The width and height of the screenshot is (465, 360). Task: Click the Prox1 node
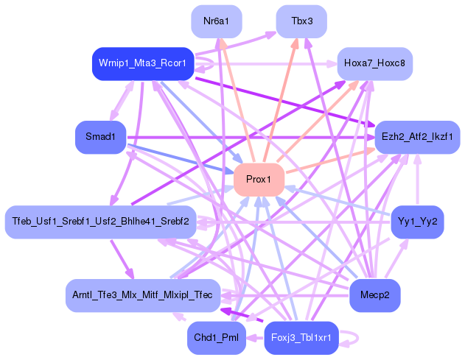click(x=259, y=180)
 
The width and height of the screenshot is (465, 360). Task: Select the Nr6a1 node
click(x=216, y=21)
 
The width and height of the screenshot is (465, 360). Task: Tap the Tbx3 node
click(x=302, y=21)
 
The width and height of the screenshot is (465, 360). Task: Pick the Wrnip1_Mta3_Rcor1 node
click(x=143, y=64)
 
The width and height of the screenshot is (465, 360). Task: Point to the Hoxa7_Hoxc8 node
click(x=374, y=64)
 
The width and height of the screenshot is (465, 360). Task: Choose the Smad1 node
click(x=101, y=137)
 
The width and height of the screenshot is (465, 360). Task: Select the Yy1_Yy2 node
click(x=417, y=221)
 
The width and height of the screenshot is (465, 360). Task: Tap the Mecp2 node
click(x=375, y=294)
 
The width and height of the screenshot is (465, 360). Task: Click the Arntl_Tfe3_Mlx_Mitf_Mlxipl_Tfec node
click(x=142, y=294)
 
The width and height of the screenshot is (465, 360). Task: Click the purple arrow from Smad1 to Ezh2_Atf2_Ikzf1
click(x=251, y=137)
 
